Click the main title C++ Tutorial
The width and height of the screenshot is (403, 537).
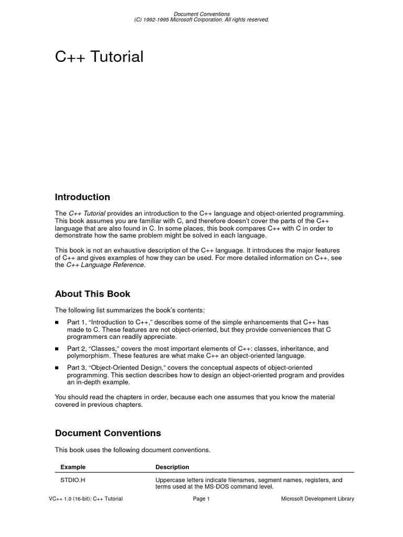[99, 57]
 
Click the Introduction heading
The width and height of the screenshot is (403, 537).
[82, 197]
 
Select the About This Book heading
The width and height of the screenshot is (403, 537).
[92, 294]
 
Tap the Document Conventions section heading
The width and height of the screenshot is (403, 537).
[108, 433]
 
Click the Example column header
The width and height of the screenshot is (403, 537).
[73, 467]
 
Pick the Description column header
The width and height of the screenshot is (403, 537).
[172, 467]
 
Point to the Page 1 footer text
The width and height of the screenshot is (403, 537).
[201, 499]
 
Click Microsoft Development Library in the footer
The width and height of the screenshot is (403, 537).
[317, 499]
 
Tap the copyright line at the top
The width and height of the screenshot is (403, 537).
[201, 19]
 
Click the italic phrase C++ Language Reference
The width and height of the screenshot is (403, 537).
[105, 265]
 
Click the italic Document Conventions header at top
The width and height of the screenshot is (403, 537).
[201, 14]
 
